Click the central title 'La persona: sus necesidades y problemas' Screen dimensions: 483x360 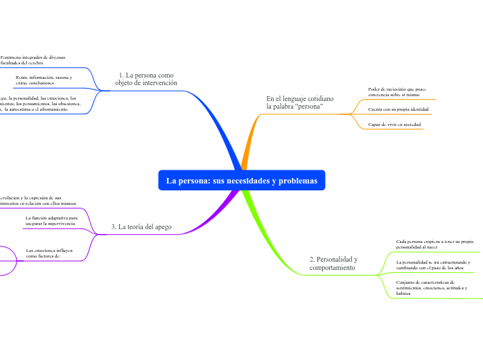coord(241,181)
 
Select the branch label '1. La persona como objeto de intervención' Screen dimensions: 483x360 coord(146,79)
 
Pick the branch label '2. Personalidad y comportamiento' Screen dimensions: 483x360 coord(333,263)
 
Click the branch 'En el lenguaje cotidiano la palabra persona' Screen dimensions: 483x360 coord(299,103)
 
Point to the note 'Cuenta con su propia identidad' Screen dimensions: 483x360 coord(398,109)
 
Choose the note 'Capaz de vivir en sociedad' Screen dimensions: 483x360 coord(395,125)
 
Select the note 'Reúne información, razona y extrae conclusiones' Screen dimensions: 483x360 coord(43,80)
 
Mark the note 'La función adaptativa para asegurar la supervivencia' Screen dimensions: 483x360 coord(51,221)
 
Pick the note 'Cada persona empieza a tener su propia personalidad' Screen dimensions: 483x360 coord(434,244)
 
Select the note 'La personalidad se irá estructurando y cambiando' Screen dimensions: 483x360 coord(433,265)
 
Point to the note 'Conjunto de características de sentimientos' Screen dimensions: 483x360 coord(432,287)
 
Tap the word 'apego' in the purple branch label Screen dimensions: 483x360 coord(161,227)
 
